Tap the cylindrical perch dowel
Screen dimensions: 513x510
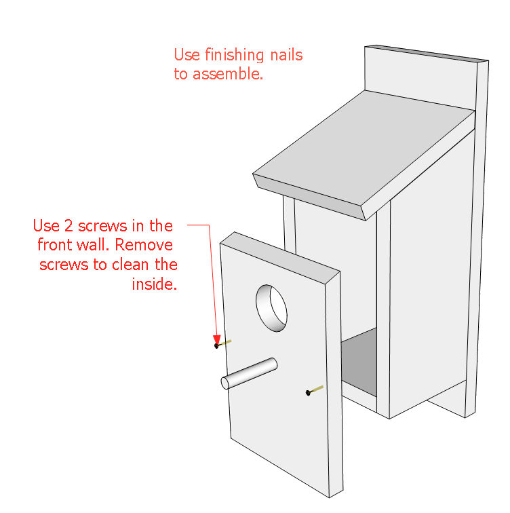(x=250, y=374)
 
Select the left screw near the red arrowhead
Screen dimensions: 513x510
(x=223, y=343)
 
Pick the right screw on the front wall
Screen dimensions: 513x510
(x=314, y=390)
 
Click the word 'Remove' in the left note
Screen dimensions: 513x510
(x=147, y=245)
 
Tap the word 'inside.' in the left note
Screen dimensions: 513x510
(x=154, y=284)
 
